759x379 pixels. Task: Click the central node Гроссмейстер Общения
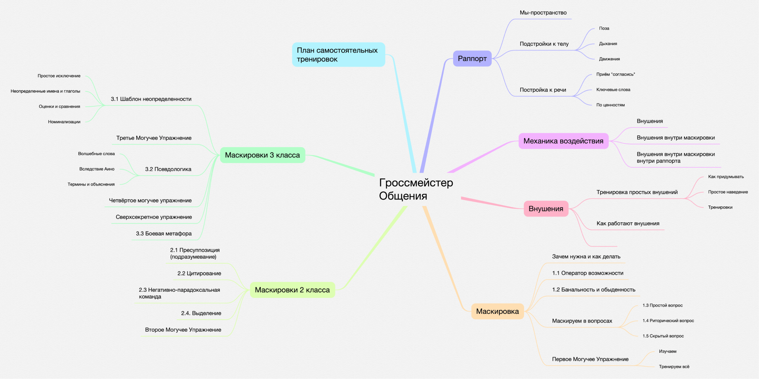coord(416,189)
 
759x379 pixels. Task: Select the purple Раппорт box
coord(472,58)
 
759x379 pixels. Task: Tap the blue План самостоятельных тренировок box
coord(338,55)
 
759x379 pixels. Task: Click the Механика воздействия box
coord(563,141)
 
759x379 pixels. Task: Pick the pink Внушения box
coord(546,209)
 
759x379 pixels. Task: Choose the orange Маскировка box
coord(497,311)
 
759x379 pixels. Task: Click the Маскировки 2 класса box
coord(292,290)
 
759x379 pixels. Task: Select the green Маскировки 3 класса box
coord(262,155)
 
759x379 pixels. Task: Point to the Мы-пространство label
coord(543,13)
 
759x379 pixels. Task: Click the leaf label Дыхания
coord(608,44)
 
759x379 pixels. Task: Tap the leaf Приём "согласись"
coord(616,74)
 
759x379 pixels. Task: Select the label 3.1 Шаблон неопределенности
coord(151,99)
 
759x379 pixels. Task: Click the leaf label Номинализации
coord(64,122)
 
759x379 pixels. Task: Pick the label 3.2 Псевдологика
coord(168,169)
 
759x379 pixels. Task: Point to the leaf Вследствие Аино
coord(97,169)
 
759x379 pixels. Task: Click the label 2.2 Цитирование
coord(199,274)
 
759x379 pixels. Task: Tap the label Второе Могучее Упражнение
coord(183,330)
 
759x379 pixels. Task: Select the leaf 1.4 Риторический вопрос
coord(668,321)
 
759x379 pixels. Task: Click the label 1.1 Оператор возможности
coord(587,273)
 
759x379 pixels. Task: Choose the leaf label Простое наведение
coord(728,192)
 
